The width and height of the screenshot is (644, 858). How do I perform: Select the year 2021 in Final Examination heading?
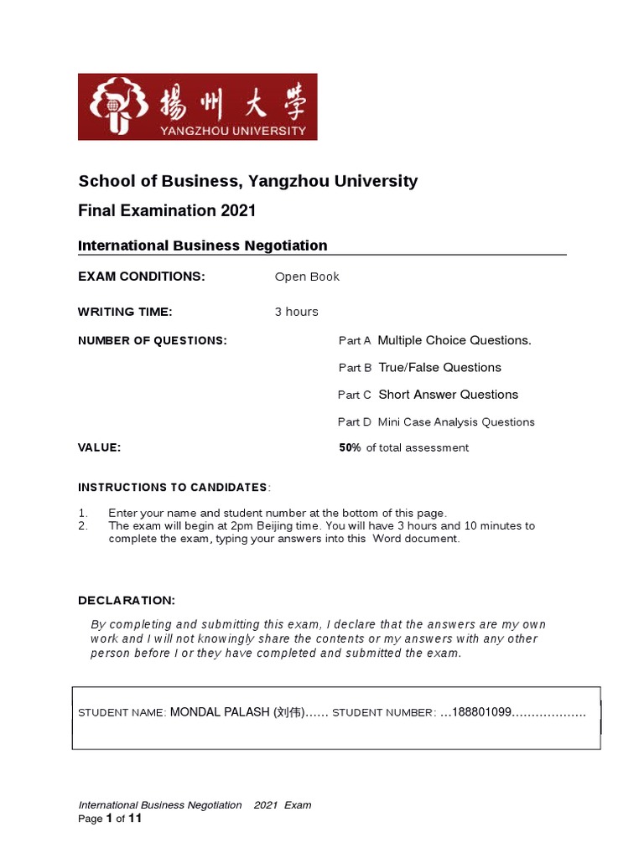[239, 210]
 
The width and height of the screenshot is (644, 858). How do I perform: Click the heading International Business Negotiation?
[202, 246]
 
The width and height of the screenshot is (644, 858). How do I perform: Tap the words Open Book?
[307, 277]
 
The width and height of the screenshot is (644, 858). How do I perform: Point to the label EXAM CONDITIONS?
[141, 277]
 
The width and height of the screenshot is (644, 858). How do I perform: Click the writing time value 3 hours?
[296, 312]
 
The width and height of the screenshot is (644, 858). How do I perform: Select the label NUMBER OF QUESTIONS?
[152, 340]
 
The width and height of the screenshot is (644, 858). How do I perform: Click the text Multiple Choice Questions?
[454, 340]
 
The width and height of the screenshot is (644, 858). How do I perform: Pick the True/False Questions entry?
[439, 368]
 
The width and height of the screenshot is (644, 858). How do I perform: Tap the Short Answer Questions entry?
[448, 395]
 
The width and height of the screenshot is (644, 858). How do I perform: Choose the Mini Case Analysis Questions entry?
[456, 422]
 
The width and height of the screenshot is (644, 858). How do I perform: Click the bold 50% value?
[350, 448]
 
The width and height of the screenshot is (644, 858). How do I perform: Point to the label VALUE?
[100, 448]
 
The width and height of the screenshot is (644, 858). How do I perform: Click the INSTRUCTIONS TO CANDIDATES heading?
[173, 488]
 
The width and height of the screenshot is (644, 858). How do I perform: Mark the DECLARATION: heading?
[127, 601]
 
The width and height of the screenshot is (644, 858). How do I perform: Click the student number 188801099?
[481, 712]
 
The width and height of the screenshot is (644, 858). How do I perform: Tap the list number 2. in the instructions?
[83, 526]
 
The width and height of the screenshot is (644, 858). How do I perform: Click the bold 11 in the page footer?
[134, 819]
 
